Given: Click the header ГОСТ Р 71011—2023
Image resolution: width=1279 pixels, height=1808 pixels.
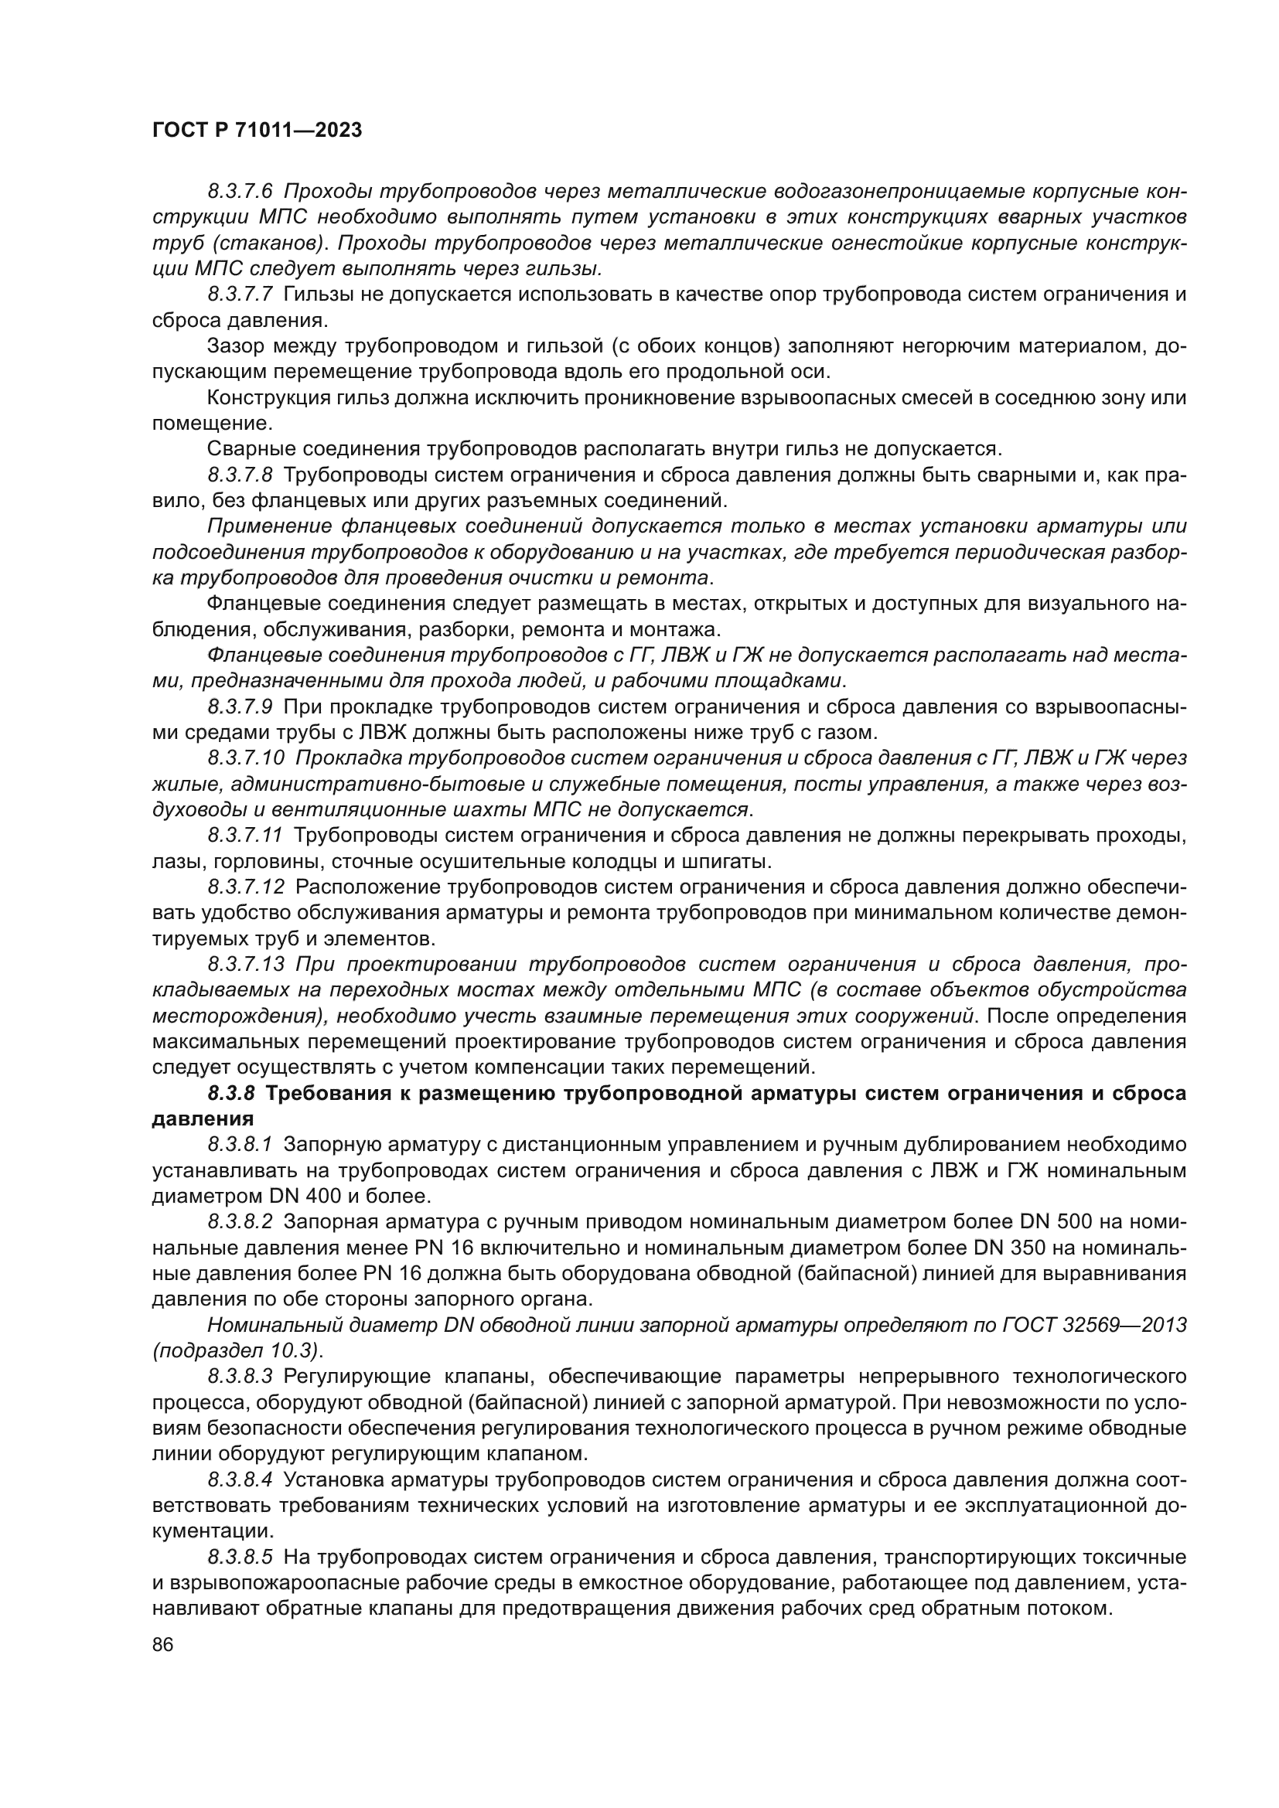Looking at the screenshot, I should point(257,131).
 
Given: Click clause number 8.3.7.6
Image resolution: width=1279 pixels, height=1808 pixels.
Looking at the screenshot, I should point(240,192).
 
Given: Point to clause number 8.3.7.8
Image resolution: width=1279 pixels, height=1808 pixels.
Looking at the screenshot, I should point(240,475).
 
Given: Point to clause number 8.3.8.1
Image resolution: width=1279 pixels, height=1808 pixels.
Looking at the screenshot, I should point(240,1144).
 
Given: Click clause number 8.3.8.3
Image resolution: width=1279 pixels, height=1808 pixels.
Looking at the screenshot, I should point(240,1377).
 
